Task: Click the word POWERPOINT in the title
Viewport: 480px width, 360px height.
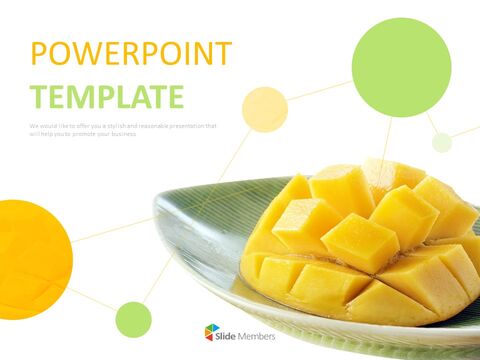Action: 130,54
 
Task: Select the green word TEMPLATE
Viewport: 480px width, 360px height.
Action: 107,96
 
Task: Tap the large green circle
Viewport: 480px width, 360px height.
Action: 401,67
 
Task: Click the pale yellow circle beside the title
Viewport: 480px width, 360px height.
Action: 265,110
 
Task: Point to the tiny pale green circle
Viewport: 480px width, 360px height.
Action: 442,142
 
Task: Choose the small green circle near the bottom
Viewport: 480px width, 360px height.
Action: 133,319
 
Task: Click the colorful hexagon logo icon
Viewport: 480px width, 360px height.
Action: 212,332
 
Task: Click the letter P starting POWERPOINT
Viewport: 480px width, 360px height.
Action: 39,54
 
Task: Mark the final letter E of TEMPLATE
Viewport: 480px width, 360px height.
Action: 176,96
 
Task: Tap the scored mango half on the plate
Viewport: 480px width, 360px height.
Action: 365,245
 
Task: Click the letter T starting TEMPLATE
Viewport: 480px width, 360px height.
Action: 39,96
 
